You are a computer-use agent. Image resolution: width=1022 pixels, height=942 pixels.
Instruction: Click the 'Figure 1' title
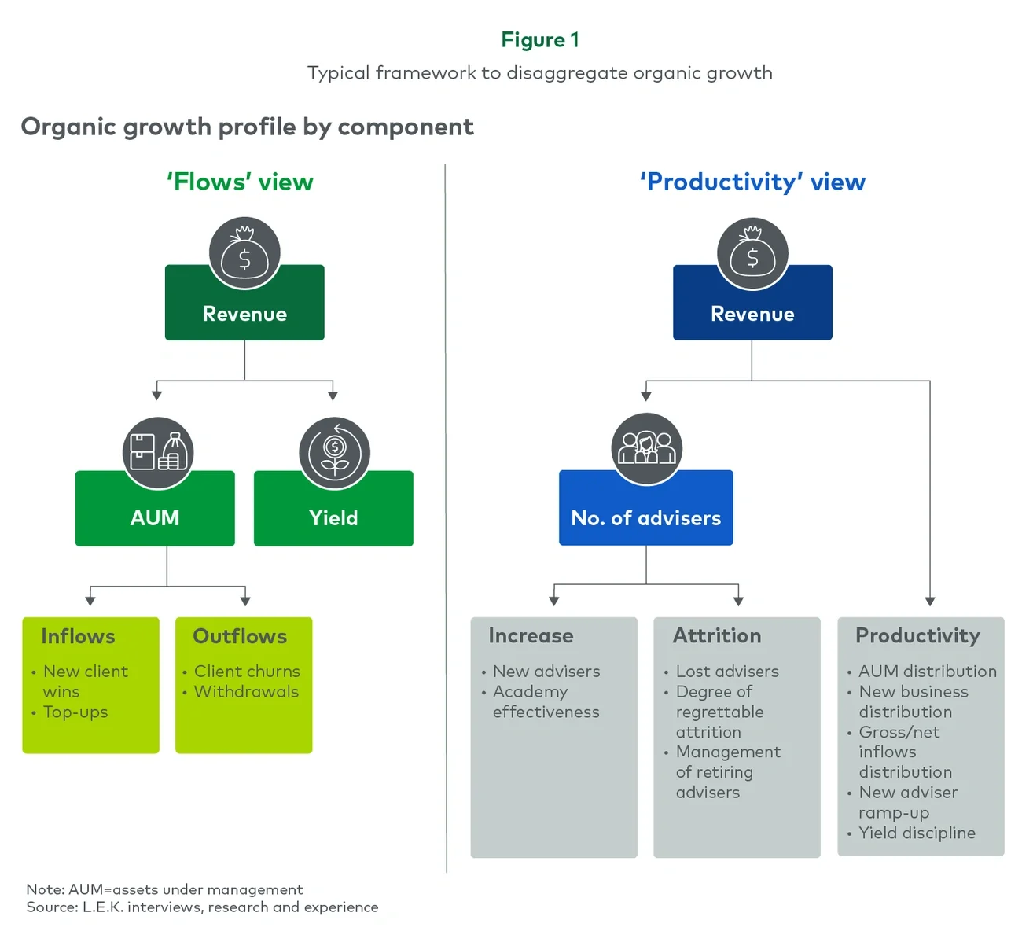[540, 40]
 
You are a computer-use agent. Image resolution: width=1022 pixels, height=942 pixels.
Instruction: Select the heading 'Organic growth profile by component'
[247, 127]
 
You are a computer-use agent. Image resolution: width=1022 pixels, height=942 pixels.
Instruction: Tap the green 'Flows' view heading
[240, 182]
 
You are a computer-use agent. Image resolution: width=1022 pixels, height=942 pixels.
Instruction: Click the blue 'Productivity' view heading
[752, 182]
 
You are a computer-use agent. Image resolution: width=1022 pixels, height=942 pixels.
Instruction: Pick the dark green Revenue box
[244, 313]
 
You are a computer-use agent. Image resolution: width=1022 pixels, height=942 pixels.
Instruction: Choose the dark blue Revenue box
[752, 313]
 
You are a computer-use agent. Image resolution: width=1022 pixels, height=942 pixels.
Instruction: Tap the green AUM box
[155, 517]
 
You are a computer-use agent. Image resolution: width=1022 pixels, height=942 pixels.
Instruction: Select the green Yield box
[333, 517]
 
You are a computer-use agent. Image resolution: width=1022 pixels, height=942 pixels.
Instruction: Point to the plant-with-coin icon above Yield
[334, 452]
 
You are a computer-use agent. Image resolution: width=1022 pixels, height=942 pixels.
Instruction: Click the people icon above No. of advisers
[646, 449]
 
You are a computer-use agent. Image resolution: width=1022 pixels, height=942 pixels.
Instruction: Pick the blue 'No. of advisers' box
[645, 517]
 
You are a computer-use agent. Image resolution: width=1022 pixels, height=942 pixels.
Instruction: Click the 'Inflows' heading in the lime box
[78, 636]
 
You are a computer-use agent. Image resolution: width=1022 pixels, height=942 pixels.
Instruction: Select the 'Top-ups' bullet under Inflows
[75, 712]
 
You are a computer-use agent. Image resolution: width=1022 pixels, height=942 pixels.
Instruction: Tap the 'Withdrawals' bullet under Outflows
[246, 691]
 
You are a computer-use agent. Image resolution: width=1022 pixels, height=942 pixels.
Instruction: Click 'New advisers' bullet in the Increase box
[546, 671]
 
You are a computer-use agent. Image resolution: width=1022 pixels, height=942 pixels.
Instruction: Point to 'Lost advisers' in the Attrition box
[727, 671]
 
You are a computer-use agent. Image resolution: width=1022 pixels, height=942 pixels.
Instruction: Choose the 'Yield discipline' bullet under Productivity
[917, 833]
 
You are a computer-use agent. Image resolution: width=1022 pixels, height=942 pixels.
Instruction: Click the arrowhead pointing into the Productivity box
[930, 601]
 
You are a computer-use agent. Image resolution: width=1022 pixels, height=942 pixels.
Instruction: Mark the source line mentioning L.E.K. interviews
[202, 907]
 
